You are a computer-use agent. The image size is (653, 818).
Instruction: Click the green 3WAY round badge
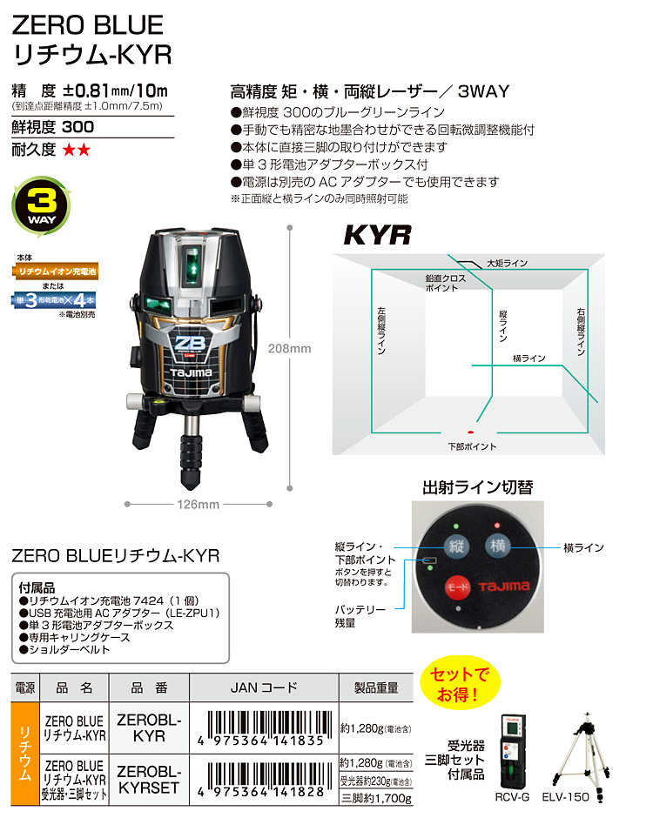[41, 206]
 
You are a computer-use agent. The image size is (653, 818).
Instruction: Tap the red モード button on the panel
[457, 587]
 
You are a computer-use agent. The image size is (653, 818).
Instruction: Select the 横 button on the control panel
[497, 546]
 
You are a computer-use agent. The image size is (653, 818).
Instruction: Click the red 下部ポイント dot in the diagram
[470, 432]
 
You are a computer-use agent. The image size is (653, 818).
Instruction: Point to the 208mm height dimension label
[289, 348]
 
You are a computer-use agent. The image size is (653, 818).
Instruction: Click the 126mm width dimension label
[198, 505]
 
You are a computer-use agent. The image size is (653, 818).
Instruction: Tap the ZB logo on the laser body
[190, 344]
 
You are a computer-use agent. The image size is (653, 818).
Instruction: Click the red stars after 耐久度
[77, 151]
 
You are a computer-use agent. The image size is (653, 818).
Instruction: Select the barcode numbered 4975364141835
[264, 728]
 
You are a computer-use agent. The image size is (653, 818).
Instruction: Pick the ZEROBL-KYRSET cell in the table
[149, 780]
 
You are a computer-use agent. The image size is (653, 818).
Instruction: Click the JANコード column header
[264, 687]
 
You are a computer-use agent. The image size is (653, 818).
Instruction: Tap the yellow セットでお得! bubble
[460, 683]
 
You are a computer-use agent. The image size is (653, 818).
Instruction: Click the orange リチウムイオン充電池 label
[56, 272]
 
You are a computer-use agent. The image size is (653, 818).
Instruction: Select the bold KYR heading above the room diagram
[377, 235]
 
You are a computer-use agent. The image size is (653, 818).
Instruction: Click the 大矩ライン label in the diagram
[507, 264]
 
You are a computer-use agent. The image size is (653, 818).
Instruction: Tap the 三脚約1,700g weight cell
[376, 798]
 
